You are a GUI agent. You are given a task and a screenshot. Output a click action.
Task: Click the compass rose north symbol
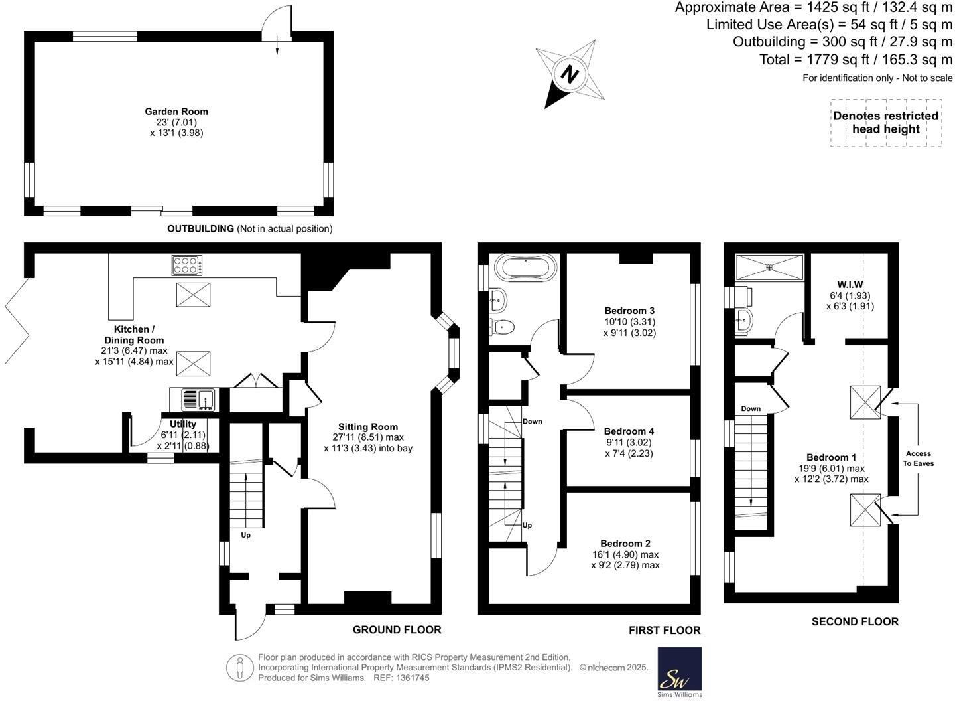(570, 74)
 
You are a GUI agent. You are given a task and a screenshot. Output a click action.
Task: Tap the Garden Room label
(176, 112)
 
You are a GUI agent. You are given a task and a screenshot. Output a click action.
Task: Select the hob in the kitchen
(186, 266)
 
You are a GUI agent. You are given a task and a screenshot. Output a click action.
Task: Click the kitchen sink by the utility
(198, 400)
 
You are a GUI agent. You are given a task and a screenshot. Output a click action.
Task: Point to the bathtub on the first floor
(526, 268)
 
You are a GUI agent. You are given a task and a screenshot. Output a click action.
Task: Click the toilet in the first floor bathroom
(502, 326)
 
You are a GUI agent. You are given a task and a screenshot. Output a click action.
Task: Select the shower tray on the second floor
(769, 268)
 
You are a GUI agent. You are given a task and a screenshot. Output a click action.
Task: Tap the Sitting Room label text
(368, 427)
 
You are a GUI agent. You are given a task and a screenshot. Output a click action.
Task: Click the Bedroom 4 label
(629, 431)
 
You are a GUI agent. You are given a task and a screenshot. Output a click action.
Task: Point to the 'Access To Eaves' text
(918, 459)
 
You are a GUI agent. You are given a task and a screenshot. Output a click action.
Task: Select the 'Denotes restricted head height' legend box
(885, 123)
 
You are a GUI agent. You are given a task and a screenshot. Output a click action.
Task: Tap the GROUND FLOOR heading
(397, 629)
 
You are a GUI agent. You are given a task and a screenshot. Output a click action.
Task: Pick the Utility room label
(183, 424)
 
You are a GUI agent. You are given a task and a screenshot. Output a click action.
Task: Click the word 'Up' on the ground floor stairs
(245, 535)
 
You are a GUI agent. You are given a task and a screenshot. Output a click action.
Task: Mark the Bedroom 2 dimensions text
(625, 560)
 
